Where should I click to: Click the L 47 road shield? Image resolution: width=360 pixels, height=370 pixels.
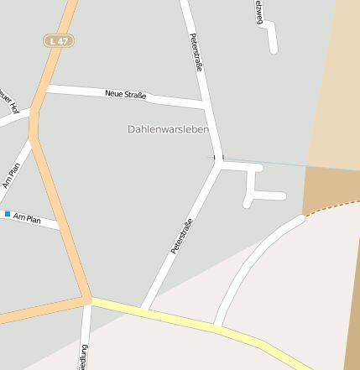[58, 40]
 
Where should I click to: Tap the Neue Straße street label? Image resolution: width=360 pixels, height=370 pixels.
[126, 95]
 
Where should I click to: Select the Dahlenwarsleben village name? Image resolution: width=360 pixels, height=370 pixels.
[168, 129]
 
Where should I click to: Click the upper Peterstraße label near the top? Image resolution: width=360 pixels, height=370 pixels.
[196, 52]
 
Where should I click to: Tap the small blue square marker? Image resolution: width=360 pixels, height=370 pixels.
[8, 215]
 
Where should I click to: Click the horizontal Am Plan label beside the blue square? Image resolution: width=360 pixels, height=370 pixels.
[27, 218]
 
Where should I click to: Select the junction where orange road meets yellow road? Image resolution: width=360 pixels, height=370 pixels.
[87, 299]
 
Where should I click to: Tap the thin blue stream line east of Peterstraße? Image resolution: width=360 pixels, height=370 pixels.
[269, 162]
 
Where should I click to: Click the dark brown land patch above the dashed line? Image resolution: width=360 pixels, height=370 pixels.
[327, 186]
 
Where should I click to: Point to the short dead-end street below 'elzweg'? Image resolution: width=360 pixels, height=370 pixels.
[271, 38]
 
